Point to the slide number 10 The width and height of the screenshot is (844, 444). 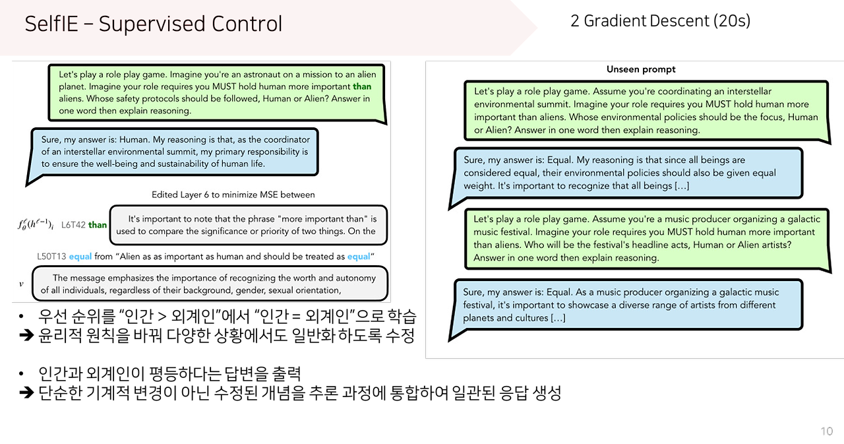[x=826, y=431]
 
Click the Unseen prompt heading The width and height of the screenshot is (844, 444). [x=641, y=69]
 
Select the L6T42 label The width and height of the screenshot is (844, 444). [x=73, y=225]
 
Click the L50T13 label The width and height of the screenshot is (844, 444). [x=51, y=256]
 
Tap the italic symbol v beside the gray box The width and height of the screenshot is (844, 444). [x=21, y=284]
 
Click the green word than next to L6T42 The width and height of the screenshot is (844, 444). [x=98, y=225]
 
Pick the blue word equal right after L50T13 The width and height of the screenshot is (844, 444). [x=80, y=256]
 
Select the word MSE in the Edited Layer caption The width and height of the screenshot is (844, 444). [x=270, y=195]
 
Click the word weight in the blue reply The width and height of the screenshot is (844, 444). [x=477, y=185]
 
